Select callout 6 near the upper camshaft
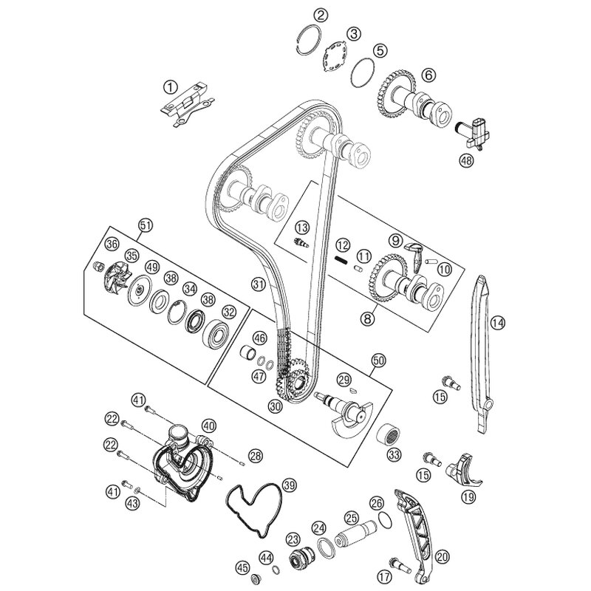pos(429,74)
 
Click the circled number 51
pos(145,225)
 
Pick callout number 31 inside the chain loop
pos(257,284)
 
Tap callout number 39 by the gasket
pos(290,485)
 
